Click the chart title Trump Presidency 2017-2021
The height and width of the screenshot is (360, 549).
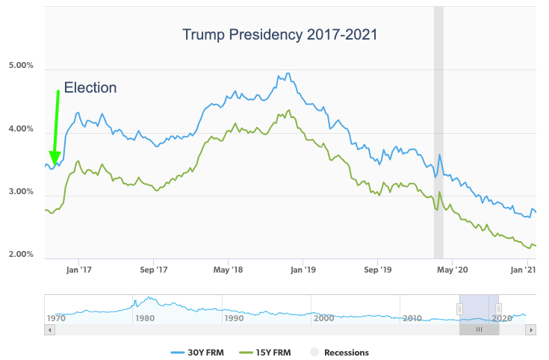(x=280, y=35)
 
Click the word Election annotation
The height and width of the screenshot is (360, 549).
(x=90, y=88)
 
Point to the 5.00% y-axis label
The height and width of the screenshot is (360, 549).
(x=21, y=66)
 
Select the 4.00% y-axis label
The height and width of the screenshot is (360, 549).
(x=21, y=129)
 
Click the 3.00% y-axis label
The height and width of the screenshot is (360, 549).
(x=21, y=192)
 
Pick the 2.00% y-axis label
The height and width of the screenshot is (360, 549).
(x=21, y=255)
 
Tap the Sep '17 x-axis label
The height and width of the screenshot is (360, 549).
(x=152, y=270)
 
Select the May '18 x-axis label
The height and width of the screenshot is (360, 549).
(x=228, y=270)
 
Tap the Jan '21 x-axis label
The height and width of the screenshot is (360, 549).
(x=527, y=270)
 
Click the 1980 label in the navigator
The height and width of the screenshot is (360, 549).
(x=143, y=318)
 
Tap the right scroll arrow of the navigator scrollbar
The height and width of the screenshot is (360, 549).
(x=531, y=329)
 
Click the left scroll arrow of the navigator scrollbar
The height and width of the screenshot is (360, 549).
(x=49, y=329)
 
